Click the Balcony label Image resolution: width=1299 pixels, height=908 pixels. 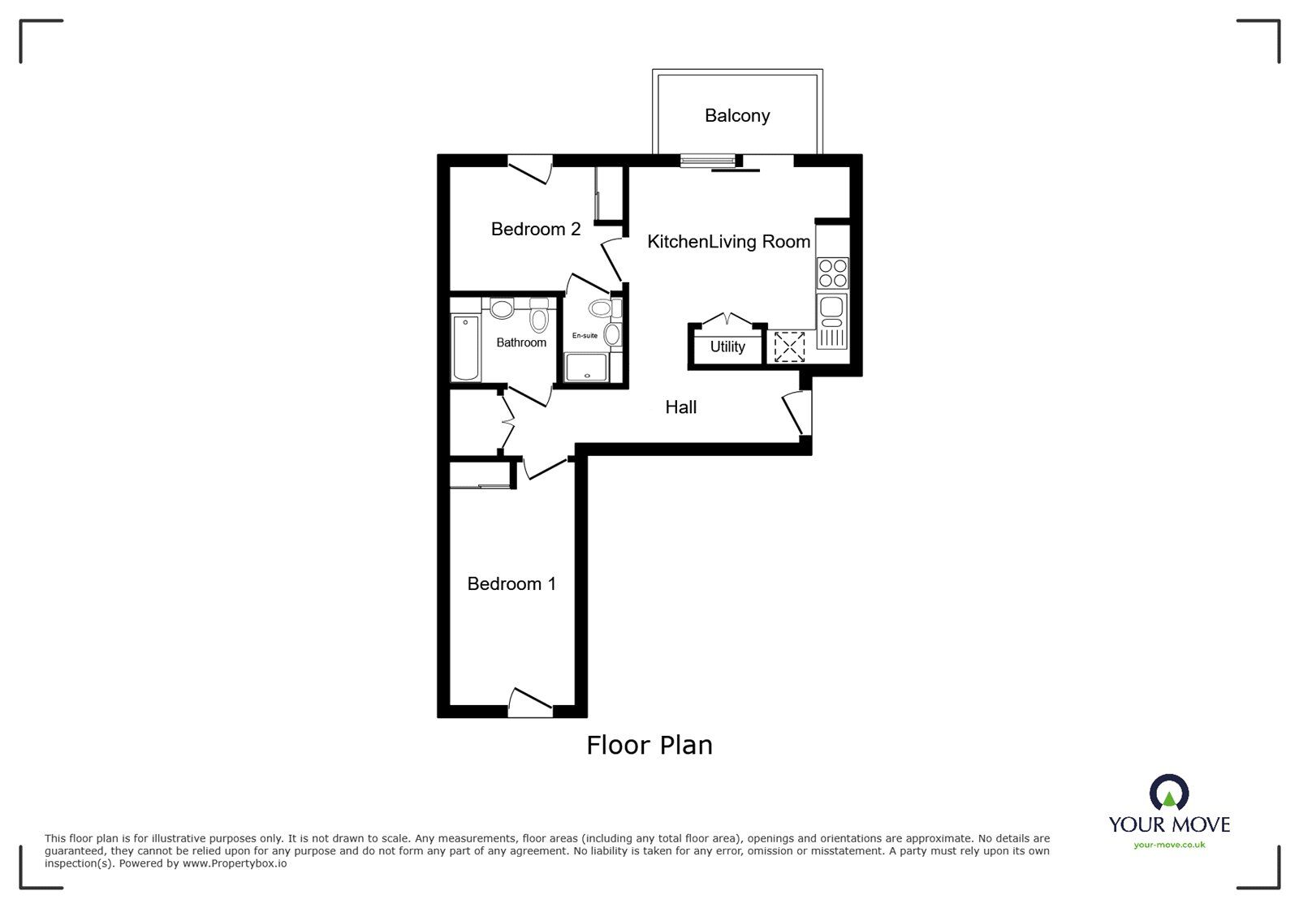(736, 116)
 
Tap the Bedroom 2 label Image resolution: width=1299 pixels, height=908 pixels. (535, 230)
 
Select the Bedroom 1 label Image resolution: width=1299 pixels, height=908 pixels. (511, 584)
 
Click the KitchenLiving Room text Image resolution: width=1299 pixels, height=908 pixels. (728, 242)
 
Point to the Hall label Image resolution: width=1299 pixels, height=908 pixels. (680, 407)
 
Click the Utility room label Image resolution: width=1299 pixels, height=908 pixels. (727, 347)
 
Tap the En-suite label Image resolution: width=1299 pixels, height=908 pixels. (585, 336)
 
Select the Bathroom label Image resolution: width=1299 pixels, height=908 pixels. (521, 343)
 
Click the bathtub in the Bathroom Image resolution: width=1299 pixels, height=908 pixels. (466, 347)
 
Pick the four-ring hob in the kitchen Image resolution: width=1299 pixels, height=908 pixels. (833, 273)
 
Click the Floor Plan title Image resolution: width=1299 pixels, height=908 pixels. (649, 745)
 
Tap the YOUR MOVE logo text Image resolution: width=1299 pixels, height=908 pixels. (1169, 825)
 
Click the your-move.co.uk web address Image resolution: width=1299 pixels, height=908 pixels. (1169, 846)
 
